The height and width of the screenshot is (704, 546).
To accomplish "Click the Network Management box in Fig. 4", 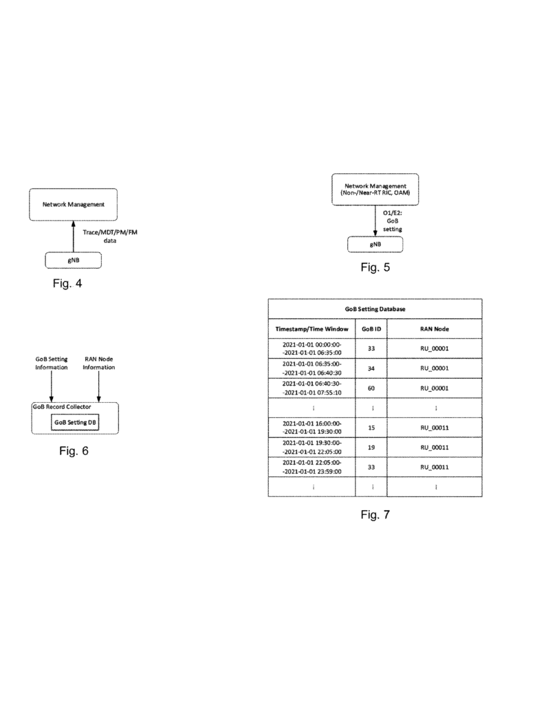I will click(73, 204).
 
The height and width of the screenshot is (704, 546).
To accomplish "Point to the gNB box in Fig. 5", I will click(374, 244).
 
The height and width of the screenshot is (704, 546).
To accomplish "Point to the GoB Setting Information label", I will click(52, 362).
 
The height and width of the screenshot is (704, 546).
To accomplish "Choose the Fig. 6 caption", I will click(72, 452).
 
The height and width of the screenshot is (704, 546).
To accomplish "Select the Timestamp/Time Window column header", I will click(312, 329).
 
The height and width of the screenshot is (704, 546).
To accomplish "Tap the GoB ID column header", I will click(371, 329).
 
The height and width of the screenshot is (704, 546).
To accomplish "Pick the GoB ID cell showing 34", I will click(371, 368).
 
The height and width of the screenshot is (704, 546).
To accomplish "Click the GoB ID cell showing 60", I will click(371, 387).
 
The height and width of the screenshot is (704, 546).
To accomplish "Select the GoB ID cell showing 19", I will click(371, 447).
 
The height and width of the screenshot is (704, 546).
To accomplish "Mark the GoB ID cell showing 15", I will click(371, 427).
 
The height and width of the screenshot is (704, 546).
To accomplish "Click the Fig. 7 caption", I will click(375, 516).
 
